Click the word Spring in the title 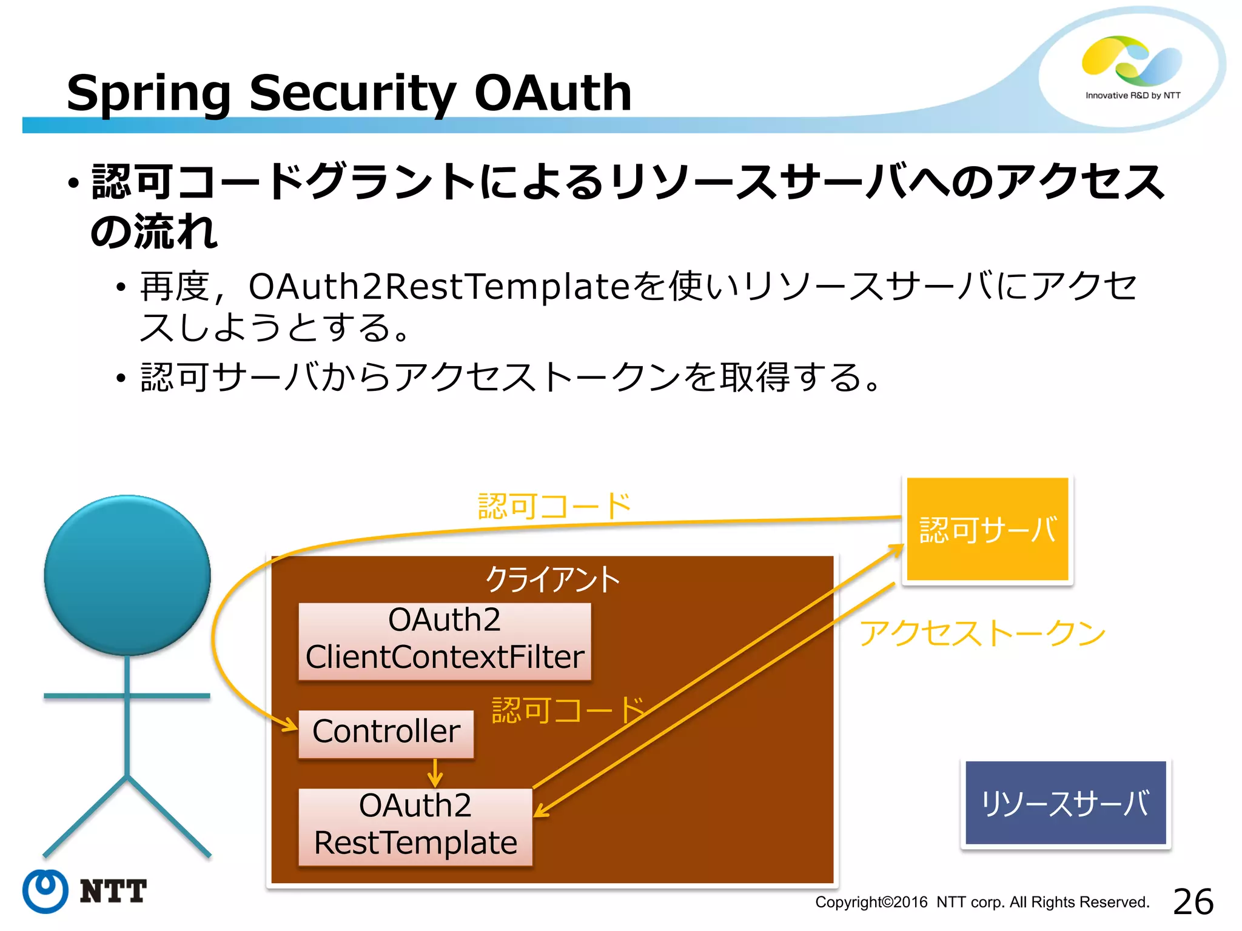(x=149, y=94)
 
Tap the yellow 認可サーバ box (x=987, y=529)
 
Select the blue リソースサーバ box (x=1065, y=803)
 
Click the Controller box (x=386, y=732)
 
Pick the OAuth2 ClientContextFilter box (x=445, y=639)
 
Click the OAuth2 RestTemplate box (x=415, y=826)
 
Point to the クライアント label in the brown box (x=552, y=579)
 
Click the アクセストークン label (x=982, y=633)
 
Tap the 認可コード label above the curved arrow (x=554, y=506)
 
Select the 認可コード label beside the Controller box (x=568, y=710)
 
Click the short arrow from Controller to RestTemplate (x=435, y=773)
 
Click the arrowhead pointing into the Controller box (x=290, y=724)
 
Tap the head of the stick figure (x=127, y=575)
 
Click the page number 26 (x=1192, y=902)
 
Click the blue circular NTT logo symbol (x=45, y=891)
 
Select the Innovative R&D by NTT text (x=1132, y=95)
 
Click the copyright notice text (x=982, y=902)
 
